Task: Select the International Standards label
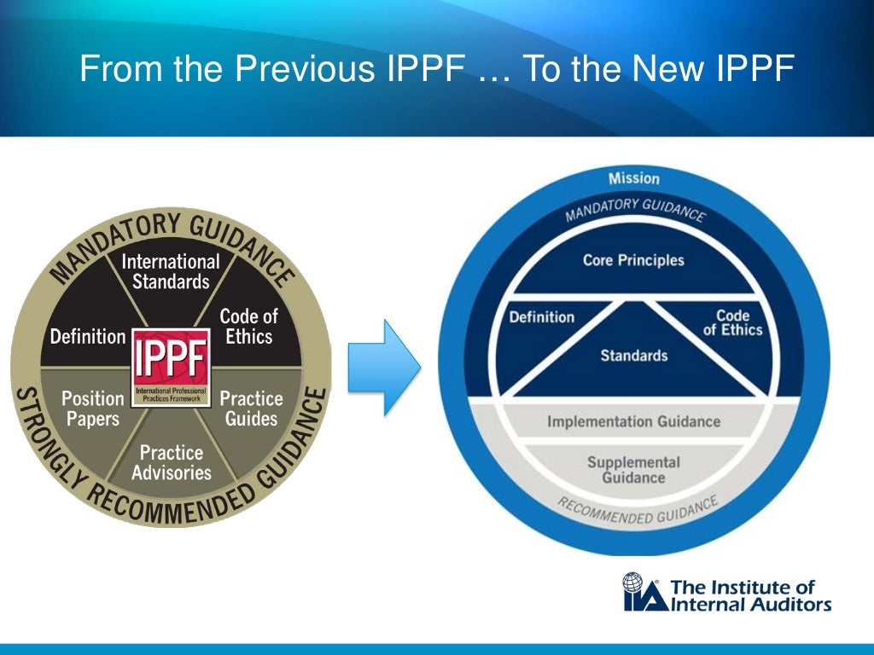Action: pos(171,270)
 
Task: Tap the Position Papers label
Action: pos(92,408)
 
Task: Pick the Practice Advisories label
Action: pos(171,461)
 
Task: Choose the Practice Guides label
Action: pos(251,408)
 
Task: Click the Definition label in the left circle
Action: pos(88,336)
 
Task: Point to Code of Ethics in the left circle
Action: pos(248,326)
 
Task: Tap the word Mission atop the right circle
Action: pos(633,178)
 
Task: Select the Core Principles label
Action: pos(633,259)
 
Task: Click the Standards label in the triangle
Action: pos(633,355)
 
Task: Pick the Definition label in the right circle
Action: pos(541,317)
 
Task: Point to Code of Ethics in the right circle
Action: pos(732,322)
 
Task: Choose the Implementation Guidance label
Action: pos(633,421)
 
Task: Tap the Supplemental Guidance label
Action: pos(633,469)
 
